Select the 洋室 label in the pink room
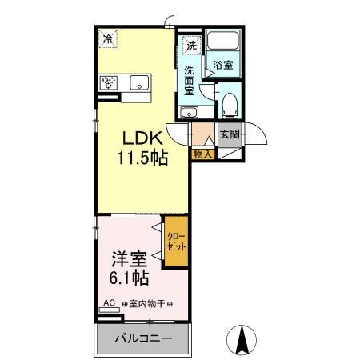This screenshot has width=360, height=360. (129, 259)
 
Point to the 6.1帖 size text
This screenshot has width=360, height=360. (129, 278)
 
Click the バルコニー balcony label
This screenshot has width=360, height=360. (142, 338)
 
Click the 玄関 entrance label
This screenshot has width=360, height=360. (229, 135)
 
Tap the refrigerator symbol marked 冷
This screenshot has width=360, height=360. (107, 38)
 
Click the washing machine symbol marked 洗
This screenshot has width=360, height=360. (192, 46)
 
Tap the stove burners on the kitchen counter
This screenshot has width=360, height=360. (108, 82)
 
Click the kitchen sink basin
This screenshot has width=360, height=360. (139, 82)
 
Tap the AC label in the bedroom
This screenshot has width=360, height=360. (109, 303)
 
